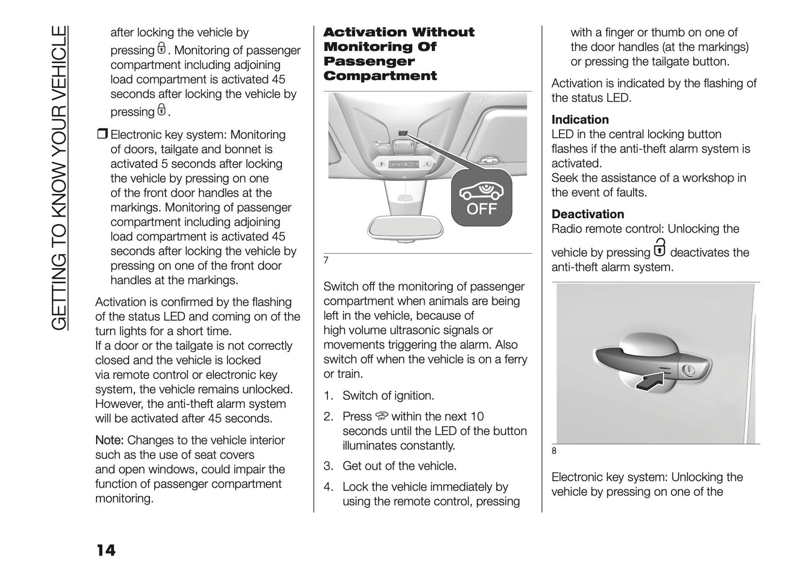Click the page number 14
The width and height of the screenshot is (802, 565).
[x=106, y=550]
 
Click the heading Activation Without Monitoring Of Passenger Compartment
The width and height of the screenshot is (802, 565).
[x=399, y=54]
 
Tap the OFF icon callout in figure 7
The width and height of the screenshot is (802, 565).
[x=481, y=198]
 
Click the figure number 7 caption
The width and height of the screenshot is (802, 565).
[x=326, y=261]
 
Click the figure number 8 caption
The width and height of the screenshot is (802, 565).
[x=554, y=451]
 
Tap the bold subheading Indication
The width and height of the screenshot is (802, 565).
[x=580, y=120]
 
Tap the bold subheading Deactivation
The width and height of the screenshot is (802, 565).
[x=588, y=214]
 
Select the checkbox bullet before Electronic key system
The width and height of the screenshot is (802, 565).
[x=102, y=135]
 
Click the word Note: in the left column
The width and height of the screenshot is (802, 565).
[x=109, y=441]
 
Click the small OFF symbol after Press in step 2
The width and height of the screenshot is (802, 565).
[x=381, y=417]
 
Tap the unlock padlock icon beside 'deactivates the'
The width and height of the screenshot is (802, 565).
[x=659, y=249]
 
